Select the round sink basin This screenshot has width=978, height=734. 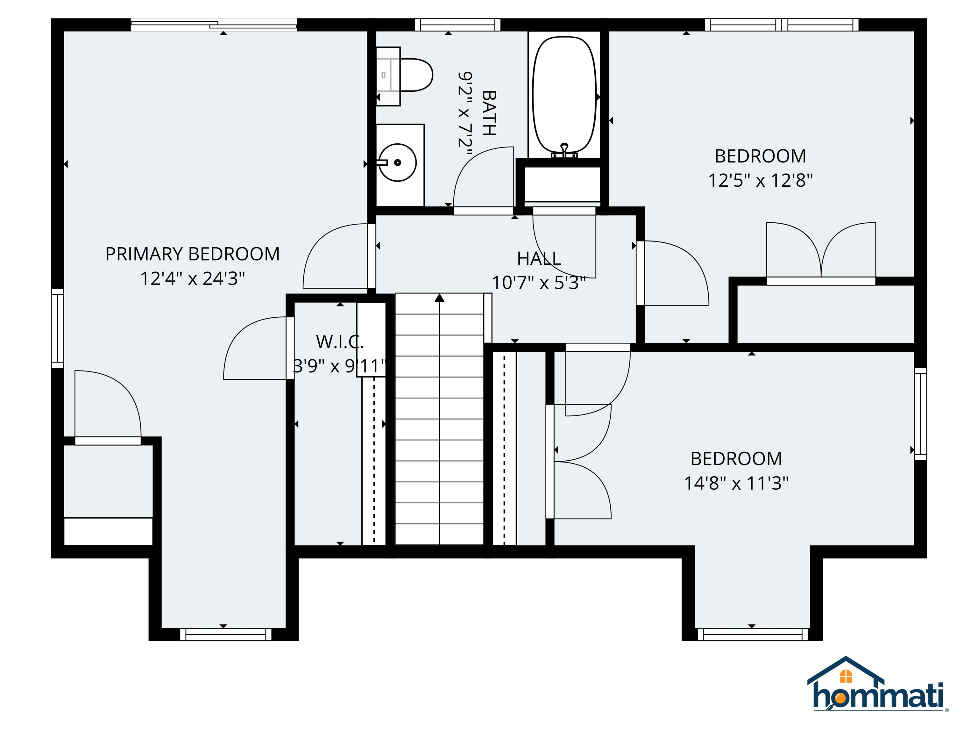(398, 162)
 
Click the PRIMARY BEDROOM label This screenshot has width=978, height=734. (192, 254)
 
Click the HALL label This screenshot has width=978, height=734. (539, 258)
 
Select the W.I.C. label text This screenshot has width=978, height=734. (340, 342)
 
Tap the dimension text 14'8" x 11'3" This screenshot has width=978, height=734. (736, 483)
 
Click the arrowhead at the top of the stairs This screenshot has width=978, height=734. (439, 298)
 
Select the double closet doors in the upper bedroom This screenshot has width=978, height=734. (821, 252)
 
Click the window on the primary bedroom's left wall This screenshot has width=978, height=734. (58, 328)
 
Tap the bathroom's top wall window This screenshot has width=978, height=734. (457, 25)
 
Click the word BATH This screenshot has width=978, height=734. (489, 113)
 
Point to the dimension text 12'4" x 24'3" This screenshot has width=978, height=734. (192, 279)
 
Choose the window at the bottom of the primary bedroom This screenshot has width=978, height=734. (225, 635)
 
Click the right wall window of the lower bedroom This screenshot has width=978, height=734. (920, 414)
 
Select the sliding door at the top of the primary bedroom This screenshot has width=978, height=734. (214, 25)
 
